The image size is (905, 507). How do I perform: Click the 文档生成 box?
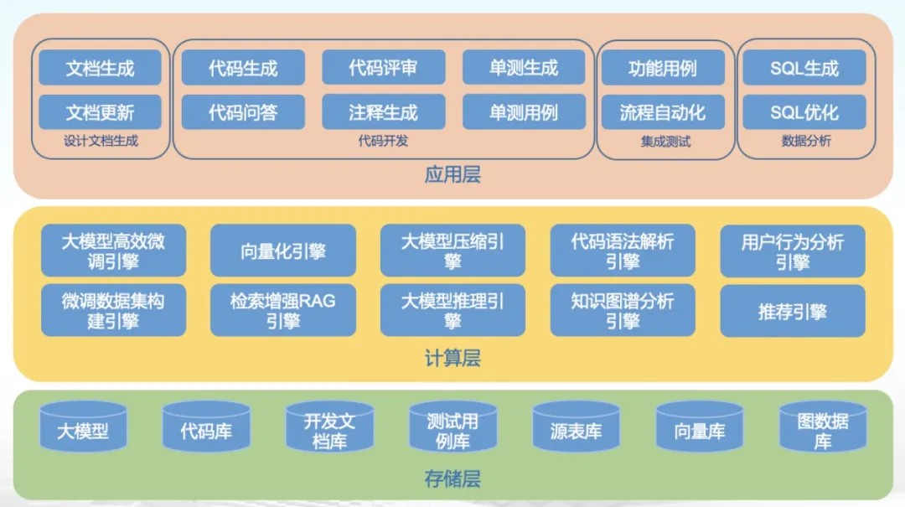(100, 68)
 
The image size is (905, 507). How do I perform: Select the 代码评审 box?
(383, 68)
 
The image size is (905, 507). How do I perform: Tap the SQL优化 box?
(804, 111)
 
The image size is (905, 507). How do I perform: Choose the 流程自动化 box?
(662, 111)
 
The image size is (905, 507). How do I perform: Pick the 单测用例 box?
(523, 111)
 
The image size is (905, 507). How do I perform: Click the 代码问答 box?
(243, 111)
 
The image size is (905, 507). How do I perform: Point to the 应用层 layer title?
(452, 175)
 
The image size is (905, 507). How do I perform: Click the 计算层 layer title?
(452, 359)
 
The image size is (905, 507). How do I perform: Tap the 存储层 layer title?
(452, 479)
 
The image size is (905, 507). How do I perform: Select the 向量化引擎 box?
(283, 251)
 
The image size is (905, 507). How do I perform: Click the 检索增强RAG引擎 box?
(283, 310)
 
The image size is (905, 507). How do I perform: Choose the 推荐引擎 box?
(792, 311)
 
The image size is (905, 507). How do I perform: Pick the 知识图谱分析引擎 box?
(622, 310)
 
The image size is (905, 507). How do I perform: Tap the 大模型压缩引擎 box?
(452, 251)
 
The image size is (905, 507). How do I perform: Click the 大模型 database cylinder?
(83, 429)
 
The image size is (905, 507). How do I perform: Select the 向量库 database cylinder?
(699, 429)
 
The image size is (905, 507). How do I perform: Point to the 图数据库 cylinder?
(822, 429)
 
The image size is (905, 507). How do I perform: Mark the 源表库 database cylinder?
(576, 429)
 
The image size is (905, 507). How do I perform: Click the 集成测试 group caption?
(665, 142)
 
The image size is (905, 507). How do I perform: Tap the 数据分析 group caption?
(806, 141)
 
